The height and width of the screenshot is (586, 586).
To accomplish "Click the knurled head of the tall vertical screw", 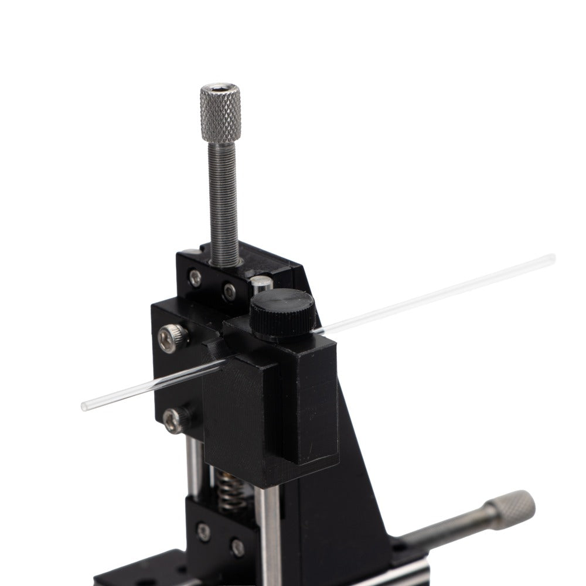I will pos(220,114).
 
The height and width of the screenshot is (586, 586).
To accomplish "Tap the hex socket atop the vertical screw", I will pos(220,89).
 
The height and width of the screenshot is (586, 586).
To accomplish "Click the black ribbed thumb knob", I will pos(282,314).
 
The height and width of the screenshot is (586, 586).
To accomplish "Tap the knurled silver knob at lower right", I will pos(512,509).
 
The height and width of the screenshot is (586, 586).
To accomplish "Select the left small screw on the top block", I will pos(195,278).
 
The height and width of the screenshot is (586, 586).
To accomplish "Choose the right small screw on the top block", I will pos(229,291).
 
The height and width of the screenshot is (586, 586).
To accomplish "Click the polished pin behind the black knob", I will pos(261,285).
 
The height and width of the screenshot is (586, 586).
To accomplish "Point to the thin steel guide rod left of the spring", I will pos(194,466).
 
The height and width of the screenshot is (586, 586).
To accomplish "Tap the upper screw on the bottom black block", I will pos(203,532).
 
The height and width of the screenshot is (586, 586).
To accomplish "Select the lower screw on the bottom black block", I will pos(237,548).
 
